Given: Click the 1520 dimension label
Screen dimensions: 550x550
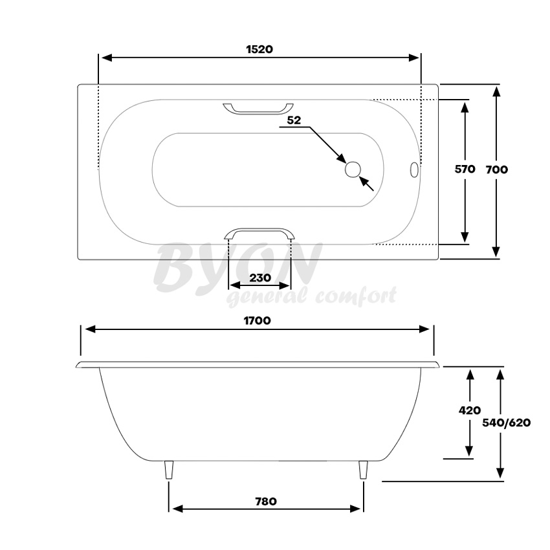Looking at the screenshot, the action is (x=259, y=49).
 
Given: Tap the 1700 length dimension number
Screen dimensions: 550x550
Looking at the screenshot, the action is (x=257, y=320).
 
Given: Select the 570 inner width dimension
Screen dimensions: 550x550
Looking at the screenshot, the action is (x=465, y=169).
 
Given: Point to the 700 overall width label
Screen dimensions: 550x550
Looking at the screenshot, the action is (x=497, y=170).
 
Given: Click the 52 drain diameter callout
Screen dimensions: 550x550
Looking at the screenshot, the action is (x=294, y=120).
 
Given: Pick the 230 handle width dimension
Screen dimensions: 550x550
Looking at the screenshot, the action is (x=260, y=278).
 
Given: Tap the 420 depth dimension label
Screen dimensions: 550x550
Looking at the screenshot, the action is (x=470, y=410).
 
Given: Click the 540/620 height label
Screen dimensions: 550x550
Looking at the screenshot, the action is (x=506, y=423).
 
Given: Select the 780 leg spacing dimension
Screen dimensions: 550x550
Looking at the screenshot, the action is (x=266, y=501).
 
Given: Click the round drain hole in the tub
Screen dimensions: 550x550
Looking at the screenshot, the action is (x=353, y=170).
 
